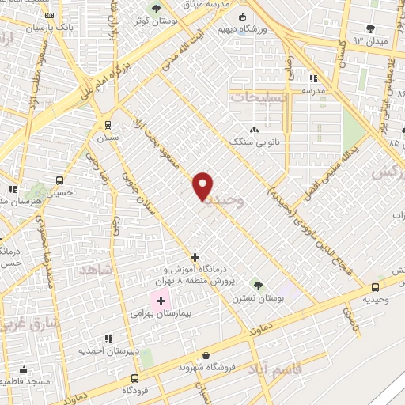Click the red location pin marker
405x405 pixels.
[x=203, y=186]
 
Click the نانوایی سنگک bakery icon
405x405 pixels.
[x=254, y=130]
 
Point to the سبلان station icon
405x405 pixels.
[x=108, y=125]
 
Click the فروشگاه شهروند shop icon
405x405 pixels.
[x=206, y=355]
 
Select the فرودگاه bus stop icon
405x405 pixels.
[x=134, y=378]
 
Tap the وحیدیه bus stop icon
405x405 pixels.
[x=375, y=287]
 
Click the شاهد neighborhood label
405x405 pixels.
[x=97, y=270]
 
